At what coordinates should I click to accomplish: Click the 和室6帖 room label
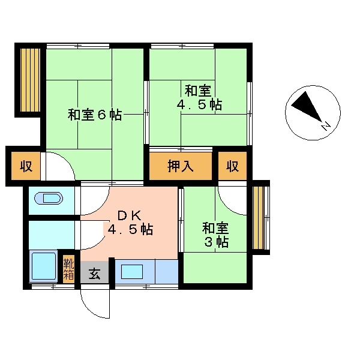coord(95,115)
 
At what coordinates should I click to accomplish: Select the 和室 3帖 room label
coord(215,235)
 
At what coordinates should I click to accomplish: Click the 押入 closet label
coord(180,166)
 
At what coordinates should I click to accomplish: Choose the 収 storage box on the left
coord(25,166)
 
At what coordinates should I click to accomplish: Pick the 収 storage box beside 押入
coord(232,166)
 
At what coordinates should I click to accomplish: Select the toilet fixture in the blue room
coord(47,199)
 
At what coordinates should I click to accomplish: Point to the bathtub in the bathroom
coord(43,266)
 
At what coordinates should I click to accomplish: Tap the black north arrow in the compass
coord(305,109)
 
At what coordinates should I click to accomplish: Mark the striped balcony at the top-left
coord(28,80)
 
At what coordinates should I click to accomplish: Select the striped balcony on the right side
coord(260,217)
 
